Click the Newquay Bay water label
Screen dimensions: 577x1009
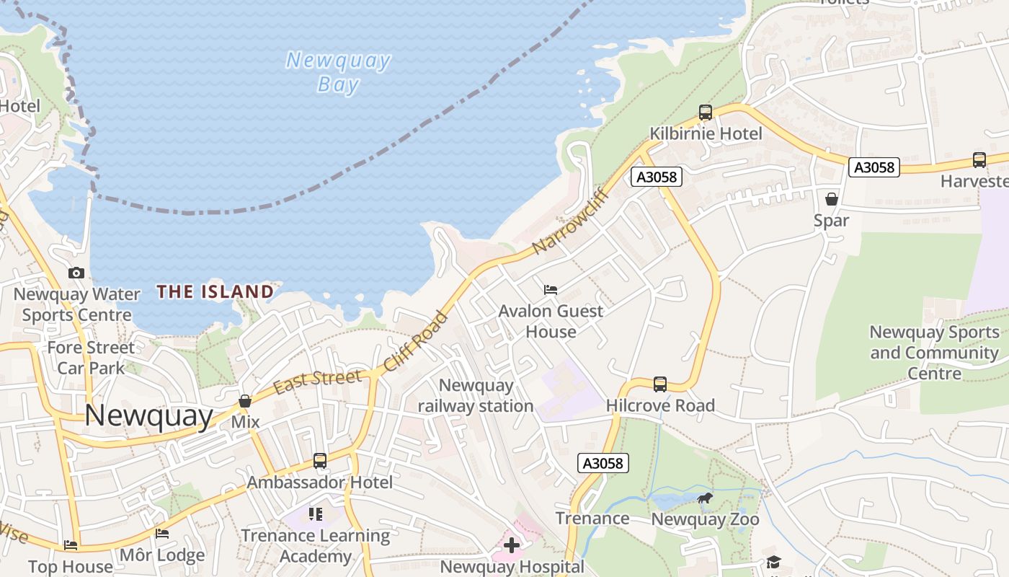point(338,72)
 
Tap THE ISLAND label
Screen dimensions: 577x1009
point(215,291)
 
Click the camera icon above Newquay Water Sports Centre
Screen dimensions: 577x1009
point(76,273)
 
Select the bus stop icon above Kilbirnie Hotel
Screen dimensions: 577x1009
point(706,113)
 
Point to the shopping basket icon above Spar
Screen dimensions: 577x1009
point(832,198)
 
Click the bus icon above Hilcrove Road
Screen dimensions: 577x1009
point(660,384)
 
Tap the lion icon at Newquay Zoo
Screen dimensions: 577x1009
point(705,498)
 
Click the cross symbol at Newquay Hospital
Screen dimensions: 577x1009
point(512,545)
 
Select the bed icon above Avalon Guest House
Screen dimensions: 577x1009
point(551,290)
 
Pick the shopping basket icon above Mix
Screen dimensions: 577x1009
point(245,400)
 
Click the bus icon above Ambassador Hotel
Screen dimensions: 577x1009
point(320,460)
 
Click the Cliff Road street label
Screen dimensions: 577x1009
point(415,341)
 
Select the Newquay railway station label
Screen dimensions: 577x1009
point(476,395)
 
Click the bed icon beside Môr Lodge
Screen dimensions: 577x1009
point(162,534)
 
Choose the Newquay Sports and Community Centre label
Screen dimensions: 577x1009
point(934,353)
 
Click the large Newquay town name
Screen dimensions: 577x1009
point(149,417)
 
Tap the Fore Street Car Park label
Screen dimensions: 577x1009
point(91,358)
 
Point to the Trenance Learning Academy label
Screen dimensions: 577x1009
point(315,546)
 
